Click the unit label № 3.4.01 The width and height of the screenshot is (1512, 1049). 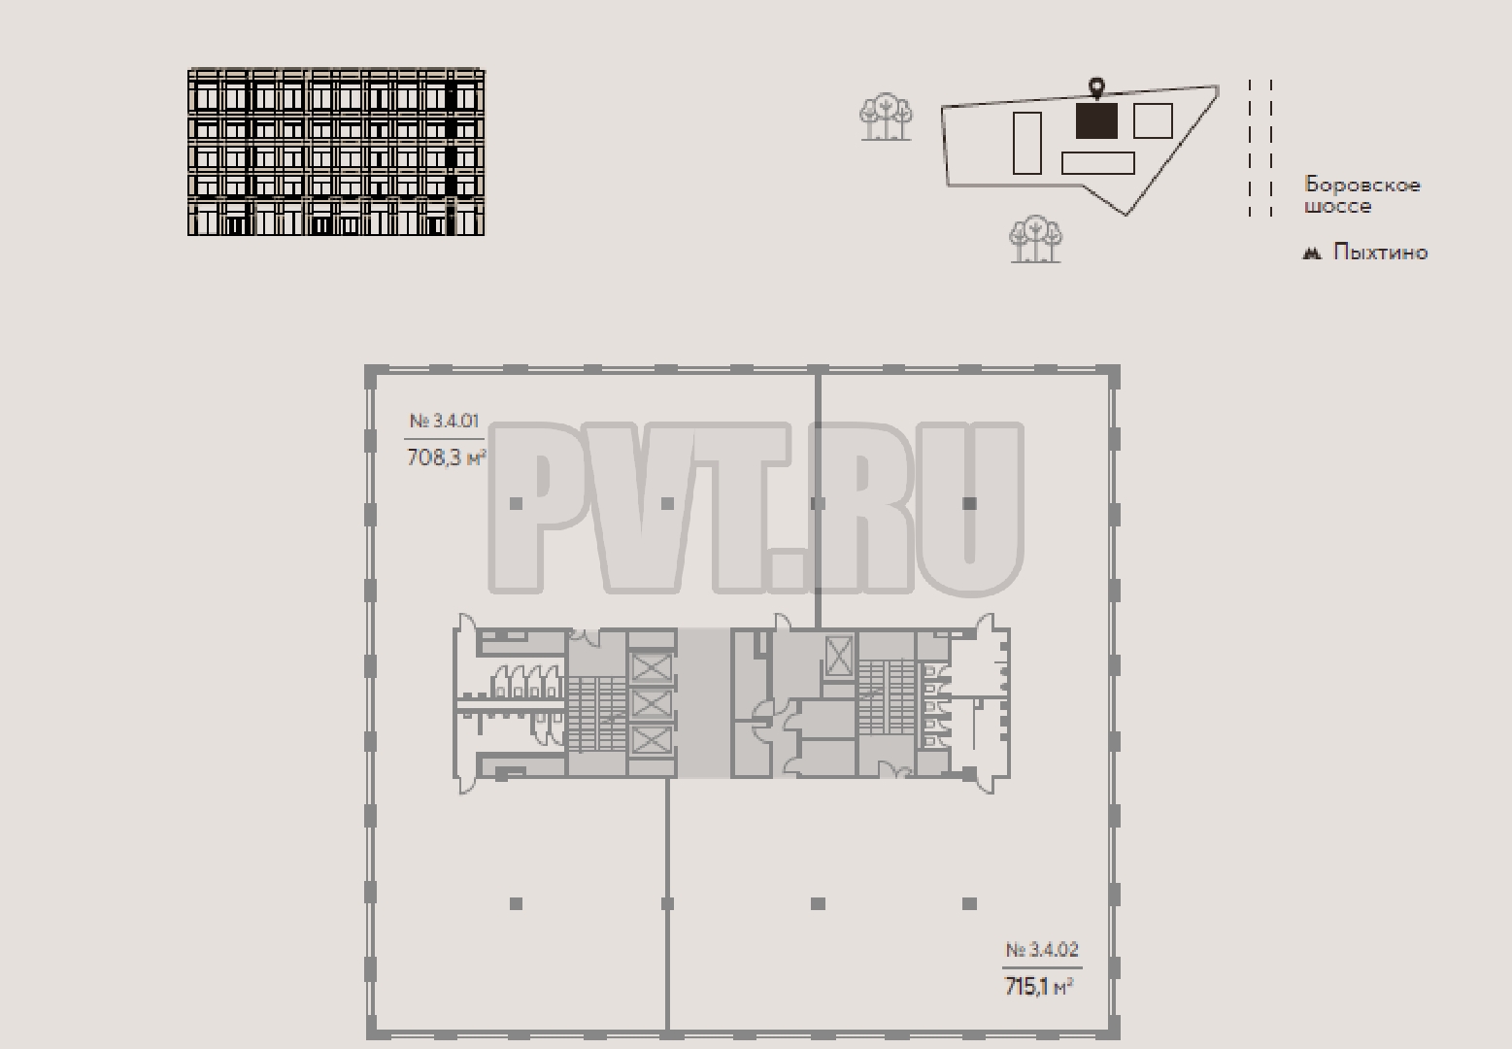[444, 422]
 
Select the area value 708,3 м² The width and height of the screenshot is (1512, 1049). [446, 457]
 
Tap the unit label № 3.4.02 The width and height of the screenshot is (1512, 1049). [1042, 950]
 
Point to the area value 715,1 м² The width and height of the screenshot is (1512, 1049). [1039, 987]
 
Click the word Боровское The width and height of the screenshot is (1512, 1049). [1362, 185]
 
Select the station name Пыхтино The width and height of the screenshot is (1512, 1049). [1380, 253]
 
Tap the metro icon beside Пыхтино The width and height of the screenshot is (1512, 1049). [1312, 254]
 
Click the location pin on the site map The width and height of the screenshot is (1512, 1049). [1097, 88]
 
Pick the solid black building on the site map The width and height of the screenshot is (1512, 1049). [1096, 120]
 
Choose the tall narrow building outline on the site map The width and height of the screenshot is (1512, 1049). [1027, 143]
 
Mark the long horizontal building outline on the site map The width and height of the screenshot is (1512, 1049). [1097, 163]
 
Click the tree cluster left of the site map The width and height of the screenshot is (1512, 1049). [886, 117]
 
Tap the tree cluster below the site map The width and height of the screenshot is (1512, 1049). [1035, 238]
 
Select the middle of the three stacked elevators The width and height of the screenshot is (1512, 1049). [652, 704]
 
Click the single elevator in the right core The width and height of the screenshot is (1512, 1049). [839, 657]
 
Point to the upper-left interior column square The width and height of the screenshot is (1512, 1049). [517, 503]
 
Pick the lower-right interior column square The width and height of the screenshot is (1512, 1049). [969, 903]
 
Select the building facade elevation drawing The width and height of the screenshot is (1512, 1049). [336, 152]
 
